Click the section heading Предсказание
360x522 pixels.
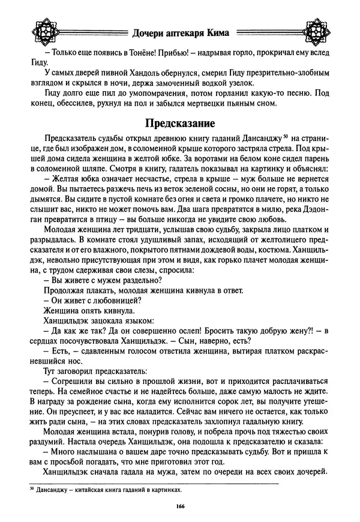(x=179, y=124)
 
